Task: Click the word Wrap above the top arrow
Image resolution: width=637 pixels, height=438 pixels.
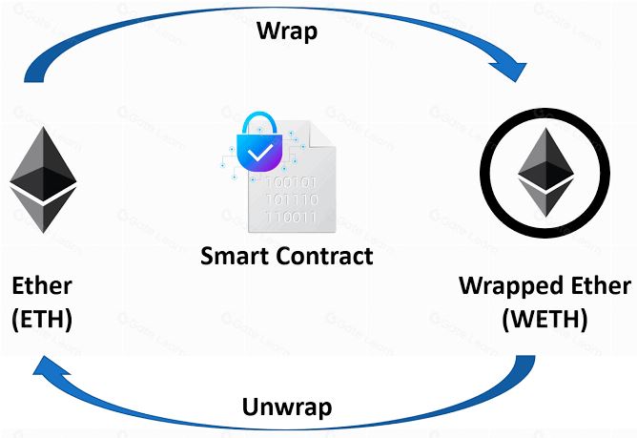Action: [x=287, y=31]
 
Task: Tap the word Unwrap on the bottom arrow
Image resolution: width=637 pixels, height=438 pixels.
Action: [x=287, y=407]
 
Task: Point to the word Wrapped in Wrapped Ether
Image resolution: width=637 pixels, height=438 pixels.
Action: [x=512, y=286]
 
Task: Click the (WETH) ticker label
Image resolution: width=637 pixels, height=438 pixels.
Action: [x=545, y=319]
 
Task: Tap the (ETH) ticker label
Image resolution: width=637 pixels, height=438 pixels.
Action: [x=42, y=319]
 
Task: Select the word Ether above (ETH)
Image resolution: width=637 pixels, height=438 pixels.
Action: [x=42, y=286]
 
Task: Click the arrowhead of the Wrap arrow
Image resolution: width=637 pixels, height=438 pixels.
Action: [x=510, y=71]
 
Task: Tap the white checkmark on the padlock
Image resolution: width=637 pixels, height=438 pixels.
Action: [x=260, y=152]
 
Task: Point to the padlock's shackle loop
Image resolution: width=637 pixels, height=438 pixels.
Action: [x=259, y=122]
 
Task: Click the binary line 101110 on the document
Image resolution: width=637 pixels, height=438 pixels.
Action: [x=292, y=199]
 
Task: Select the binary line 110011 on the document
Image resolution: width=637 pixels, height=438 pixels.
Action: [x=292, y=218]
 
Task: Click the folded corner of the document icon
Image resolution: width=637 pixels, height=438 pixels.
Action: [x=321, y=135]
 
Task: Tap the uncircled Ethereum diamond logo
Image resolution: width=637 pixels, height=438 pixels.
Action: [x=43, y=179]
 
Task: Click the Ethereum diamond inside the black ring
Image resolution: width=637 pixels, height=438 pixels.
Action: [x=545, y=173]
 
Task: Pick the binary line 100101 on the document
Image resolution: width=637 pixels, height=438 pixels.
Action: [x=292, y=182]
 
